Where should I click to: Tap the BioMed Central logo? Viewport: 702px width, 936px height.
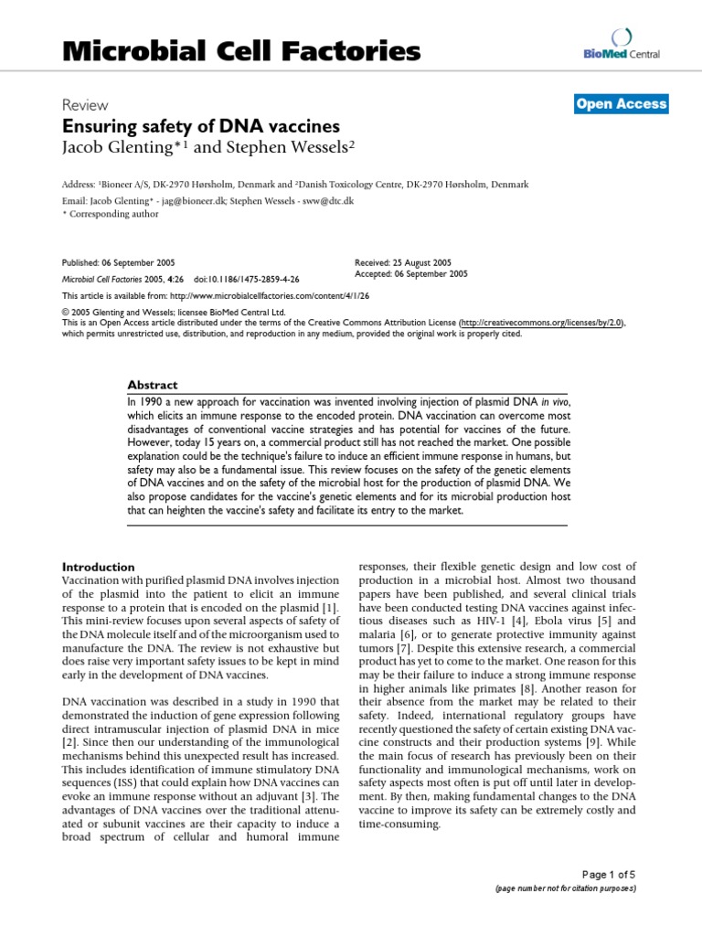(x=621, y=47)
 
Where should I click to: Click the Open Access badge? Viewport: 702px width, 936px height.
(x=622, y=104)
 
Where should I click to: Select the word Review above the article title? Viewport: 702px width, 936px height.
(x=84, y=105)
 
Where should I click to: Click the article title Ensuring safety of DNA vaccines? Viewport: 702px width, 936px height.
(x=200, y=126)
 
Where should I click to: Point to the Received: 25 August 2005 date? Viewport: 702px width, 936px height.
(x=402, y=261)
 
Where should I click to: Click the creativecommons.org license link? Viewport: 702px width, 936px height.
(x=543, y=323)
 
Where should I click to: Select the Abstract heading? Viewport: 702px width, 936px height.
(x=153, y=386)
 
